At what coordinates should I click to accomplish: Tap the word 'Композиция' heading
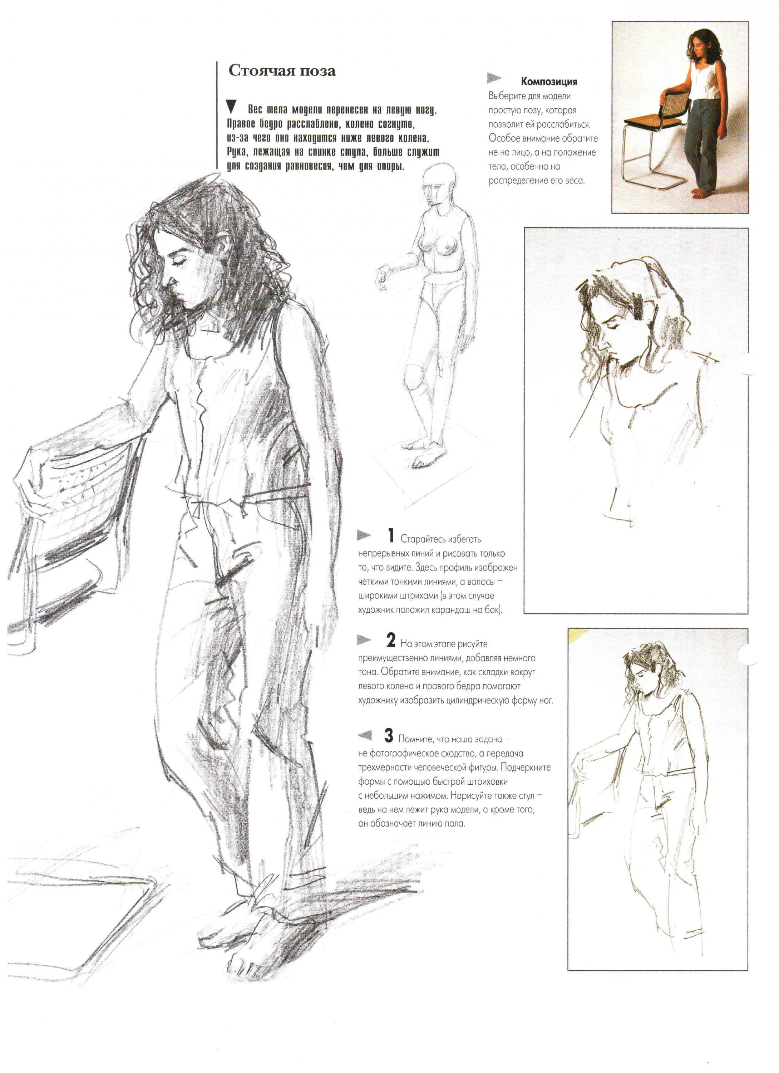click(x=549, y=82)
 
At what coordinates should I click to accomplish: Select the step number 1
click(x=391, y=536)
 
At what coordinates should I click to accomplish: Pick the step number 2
click(x=391, y=641)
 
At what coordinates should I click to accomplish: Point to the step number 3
click(x=389, y=736)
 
